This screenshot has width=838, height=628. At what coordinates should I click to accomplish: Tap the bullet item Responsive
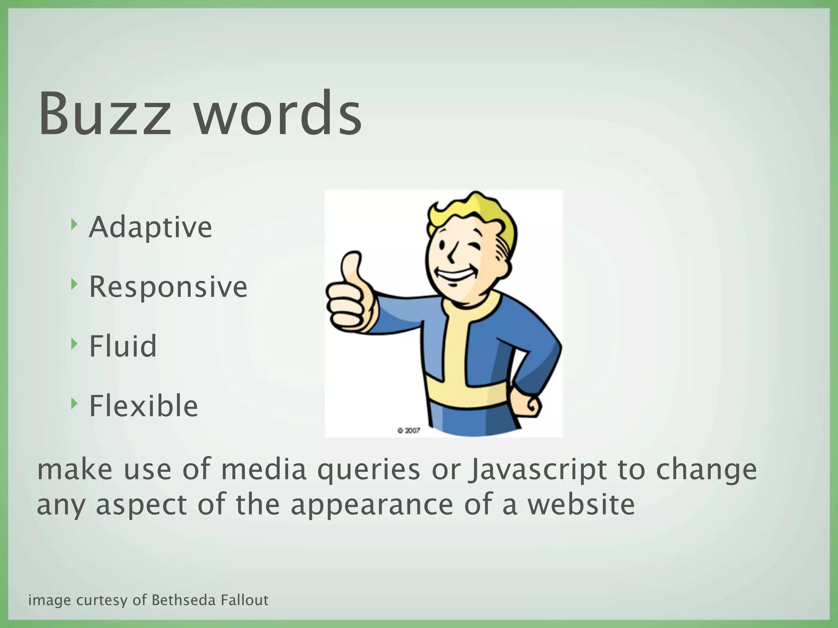tap(168, 287)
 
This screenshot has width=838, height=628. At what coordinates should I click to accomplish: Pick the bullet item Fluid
tap(123, 346)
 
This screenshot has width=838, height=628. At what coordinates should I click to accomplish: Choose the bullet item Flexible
tap(144, 406)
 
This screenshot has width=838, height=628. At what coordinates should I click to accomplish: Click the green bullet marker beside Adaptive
tap(74, 224)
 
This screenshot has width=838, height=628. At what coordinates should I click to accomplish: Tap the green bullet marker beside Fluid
tap(74, 343)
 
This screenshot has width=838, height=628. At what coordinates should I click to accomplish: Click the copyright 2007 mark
tap(408, 430)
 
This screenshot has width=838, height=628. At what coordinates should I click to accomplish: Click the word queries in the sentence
tap(369, 470)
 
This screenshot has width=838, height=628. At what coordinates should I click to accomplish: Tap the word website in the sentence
tap(581, 505)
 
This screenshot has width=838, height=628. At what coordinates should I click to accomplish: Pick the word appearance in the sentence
tap(372, 505)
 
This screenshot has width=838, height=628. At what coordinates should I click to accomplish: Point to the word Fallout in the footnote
tap(245, 600)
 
